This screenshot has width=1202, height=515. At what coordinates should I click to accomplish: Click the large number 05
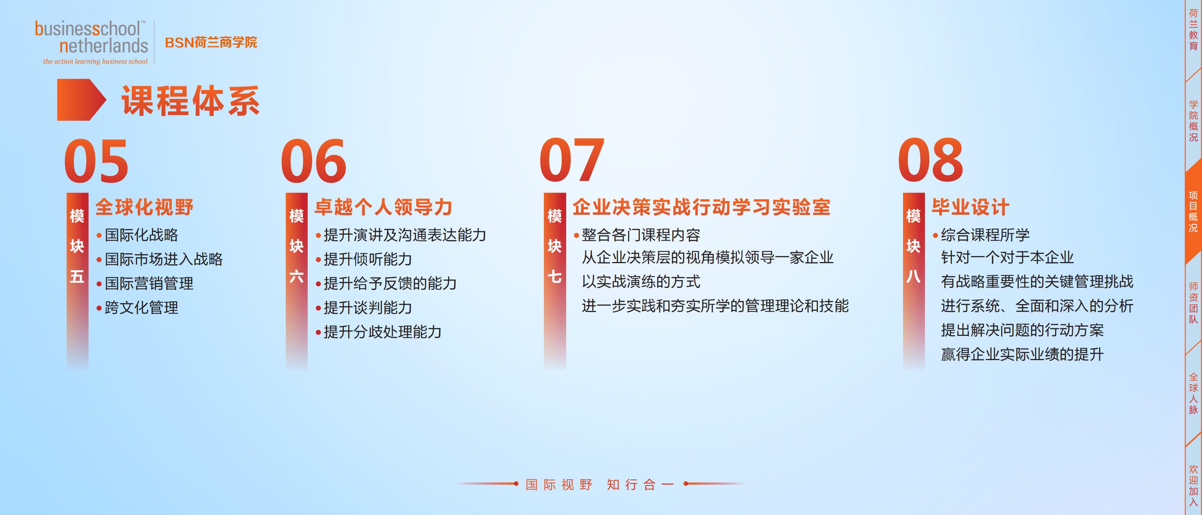click(x=96, y=161)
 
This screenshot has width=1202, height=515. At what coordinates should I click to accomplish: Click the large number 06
click(x=314, y=161)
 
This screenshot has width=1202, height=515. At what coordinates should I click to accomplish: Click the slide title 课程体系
click(x=190, y=101)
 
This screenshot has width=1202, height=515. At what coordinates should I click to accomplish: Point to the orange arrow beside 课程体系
click(x=82, y=100)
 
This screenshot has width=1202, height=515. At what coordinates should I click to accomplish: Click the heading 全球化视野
click(x=144, y=207)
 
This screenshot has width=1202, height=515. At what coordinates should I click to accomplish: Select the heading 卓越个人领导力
click(x=383, y=207)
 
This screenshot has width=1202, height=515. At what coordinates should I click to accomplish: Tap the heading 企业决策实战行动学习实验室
click(x=701, y=207)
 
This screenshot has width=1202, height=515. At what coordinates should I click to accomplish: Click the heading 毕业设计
click(x=970, y=207)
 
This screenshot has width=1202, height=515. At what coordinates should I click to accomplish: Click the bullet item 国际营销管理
click(x=149, y=283)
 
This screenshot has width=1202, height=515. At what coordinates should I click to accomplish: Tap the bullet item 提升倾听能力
click(x=368, y=259)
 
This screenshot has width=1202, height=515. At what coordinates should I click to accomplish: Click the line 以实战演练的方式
click(x=641, y=281)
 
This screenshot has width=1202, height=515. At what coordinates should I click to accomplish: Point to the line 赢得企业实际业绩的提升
click(x=1022, y=354)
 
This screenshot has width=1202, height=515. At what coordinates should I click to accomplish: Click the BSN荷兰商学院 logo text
click(x=211, y=42)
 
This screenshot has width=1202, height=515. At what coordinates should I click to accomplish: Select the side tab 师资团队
click(x=1193, y=303)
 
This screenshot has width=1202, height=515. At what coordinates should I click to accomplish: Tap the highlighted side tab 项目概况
click(x=1193, y=212)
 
